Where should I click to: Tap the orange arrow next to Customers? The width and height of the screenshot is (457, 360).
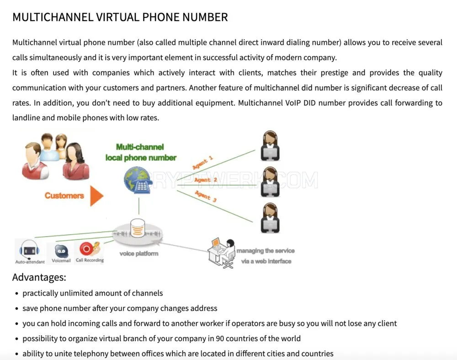97,196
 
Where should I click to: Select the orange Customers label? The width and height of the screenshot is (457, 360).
64,196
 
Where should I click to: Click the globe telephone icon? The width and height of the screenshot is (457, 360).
138,180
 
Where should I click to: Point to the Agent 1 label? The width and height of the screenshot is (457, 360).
202,163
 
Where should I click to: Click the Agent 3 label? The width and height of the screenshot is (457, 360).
206,196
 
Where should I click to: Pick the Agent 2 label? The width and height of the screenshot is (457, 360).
206,180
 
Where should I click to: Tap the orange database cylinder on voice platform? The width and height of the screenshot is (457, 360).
138,228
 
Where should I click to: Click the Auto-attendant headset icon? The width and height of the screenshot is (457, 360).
29,250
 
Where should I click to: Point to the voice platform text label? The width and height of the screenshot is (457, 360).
139,254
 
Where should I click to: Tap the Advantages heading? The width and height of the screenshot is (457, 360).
39,277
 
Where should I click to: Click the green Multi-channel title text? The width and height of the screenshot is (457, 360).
140,147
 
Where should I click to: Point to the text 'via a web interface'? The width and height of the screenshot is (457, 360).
266,261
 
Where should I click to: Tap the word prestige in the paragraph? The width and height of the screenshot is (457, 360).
335,73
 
